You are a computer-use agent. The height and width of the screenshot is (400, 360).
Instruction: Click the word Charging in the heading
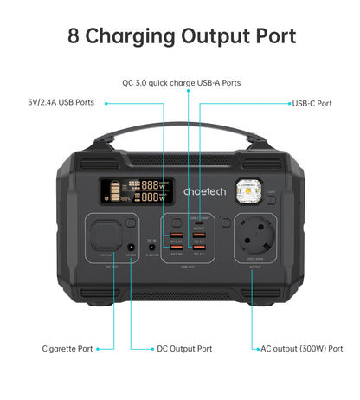[132, 37]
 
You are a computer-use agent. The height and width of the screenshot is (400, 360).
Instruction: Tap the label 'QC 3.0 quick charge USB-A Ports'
[181, 83]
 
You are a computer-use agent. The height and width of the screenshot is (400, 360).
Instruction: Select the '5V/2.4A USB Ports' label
[61, 102]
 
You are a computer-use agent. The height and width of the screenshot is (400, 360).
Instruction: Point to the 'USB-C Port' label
[312, 103]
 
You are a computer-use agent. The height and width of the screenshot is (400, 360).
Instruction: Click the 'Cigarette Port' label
[67, 349]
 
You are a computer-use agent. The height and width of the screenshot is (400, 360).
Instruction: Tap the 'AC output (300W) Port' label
[302, 349]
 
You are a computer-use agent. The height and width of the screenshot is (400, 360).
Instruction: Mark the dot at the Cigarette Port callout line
[99, 349]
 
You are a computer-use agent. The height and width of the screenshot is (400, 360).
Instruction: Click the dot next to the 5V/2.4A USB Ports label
[106, 102]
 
